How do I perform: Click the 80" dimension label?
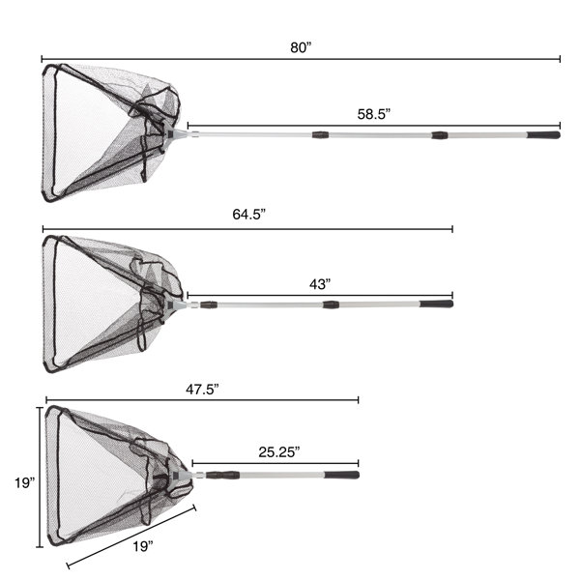301,47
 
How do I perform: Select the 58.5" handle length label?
374,114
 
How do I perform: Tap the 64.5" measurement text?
249,215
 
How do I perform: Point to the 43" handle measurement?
320,284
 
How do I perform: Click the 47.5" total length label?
202,390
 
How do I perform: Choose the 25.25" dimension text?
279,451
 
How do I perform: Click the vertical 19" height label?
25,482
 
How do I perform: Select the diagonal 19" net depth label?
143,546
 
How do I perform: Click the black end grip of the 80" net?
543,134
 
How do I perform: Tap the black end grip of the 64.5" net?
436,304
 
